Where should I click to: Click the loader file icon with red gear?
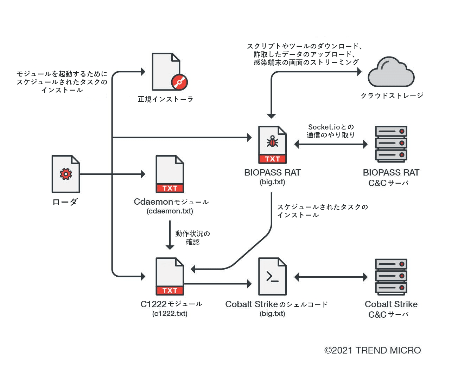click(x=66, y=174)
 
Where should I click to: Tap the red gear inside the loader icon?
click(x=66, y=174)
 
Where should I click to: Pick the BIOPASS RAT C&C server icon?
click(x=391, y=144)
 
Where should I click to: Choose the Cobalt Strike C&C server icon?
click(x=391, y=277)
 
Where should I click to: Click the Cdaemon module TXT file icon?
click(x=170, y=174)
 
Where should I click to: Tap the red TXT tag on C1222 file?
click(x=170, y=291)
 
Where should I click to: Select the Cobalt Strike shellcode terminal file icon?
click(x=272, y=277)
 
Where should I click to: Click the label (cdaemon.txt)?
click(x=170, y=211)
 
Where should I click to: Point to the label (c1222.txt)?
click(x=170, y=314)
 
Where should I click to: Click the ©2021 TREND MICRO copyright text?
click(x=373, y=350)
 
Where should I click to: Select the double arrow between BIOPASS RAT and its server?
click(x=331, y=144)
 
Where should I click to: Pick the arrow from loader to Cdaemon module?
click(x=113, y=174)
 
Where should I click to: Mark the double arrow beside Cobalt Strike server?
click(x=331, y=277)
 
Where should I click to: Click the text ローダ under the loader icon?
click(x=65, y=202)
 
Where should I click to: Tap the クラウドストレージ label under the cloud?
click(x=392, y=95)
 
